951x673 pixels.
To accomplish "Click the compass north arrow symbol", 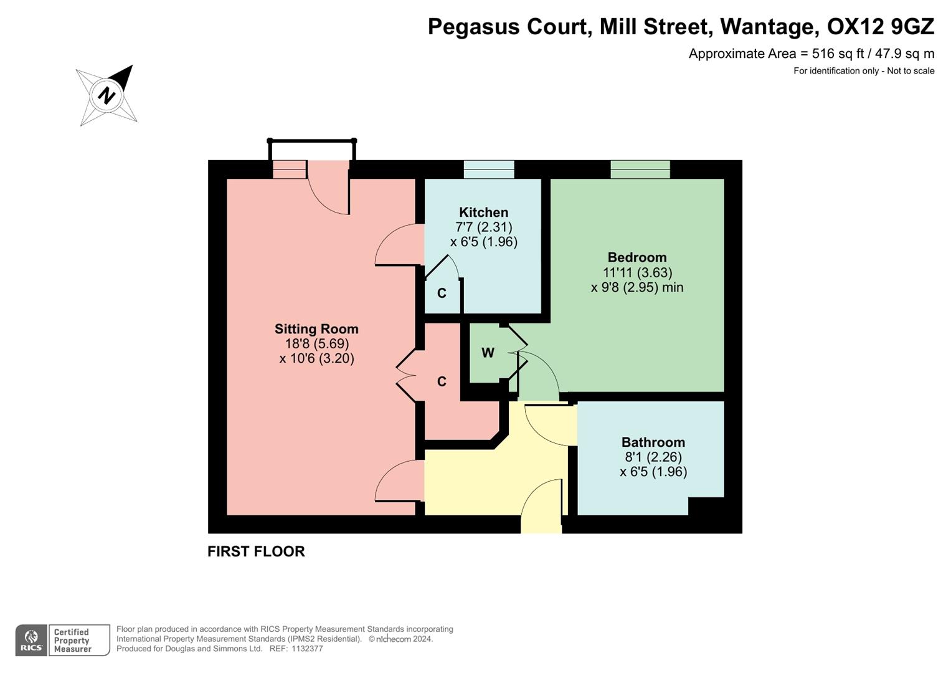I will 106,95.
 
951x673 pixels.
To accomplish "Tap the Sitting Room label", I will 316,329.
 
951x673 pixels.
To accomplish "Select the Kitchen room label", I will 483,212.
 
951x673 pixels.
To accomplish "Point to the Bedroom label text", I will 636,257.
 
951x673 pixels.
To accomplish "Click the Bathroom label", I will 653,442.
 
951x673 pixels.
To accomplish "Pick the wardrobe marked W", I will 488,353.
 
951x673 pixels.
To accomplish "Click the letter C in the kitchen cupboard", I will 442,294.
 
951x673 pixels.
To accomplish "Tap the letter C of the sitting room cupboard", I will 442,382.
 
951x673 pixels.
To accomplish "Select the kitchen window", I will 489,169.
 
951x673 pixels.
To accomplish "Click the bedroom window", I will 640,169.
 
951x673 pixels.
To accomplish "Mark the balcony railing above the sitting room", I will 311,141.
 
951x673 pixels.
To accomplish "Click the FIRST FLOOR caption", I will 256,551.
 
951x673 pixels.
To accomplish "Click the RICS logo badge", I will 31,640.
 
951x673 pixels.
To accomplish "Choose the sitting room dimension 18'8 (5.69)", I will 316,344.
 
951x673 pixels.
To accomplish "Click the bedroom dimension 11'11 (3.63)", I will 637,272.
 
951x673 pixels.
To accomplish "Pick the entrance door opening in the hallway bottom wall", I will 541,523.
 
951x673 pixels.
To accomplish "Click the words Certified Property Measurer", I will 72,641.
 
